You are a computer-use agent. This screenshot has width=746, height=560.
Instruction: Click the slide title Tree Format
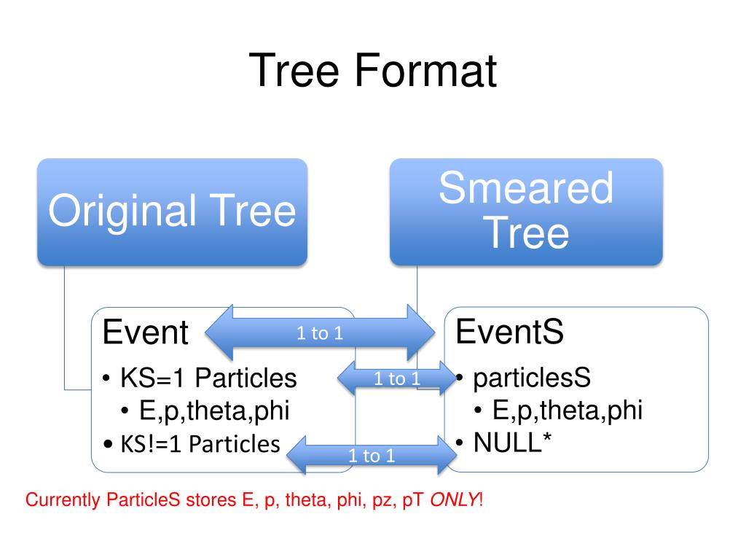pos(372,71)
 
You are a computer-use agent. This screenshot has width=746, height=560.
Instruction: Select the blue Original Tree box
pos(172,211)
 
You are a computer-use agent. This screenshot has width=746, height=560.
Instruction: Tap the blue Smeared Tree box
pos(526,211)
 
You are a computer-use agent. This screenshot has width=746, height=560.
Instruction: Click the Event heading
pos(146,333)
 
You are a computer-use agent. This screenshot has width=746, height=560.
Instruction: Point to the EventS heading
pos(509,332)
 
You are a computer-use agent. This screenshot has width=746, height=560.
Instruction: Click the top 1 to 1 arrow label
pos(320,334)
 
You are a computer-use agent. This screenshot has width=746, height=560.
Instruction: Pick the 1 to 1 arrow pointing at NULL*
pos(372,456)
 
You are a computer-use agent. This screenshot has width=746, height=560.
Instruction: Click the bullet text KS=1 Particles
pos(208,379)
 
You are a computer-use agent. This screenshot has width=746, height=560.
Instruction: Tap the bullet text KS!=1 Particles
pos(200,444)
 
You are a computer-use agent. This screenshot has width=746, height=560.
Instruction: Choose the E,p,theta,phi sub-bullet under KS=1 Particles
pos(214,411)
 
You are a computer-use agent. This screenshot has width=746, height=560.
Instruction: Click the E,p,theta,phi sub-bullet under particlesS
pos(567,411)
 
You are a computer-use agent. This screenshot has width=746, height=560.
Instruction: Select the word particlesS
pos(532,378)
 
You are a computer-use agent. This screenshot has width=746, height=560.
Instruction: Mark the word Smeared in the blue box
pos(526,187)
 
